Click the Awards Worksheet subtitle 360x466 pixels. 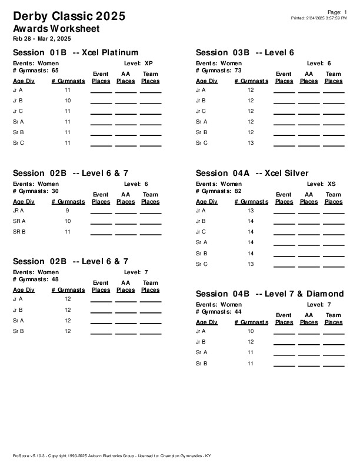point(56,28)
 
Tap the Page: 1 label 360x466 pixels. point(337,12)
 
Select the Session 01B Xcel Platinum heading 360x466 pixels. point(75,52)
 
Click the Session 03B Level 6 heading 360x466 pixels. point(245,52)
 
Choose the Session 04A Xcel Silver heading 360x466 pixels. point(252,173)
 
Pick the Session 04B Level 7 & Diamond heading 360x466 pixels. point(269,294)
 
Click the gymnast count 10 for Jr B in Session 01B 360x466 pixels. point(68,101)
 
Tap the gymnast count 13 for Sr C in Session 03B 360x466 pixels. point(251,143)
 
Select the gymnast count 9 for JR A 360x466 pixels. point(68,211)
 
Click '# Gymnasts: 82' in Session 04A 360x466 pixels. point(218,191)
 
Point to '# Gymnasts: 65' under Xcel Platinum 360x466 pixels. point(35,70)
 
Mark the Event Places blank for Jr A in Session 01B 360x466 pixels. point(101,92)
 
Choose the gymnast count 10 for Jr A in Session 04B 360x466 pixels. point(251,331)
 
